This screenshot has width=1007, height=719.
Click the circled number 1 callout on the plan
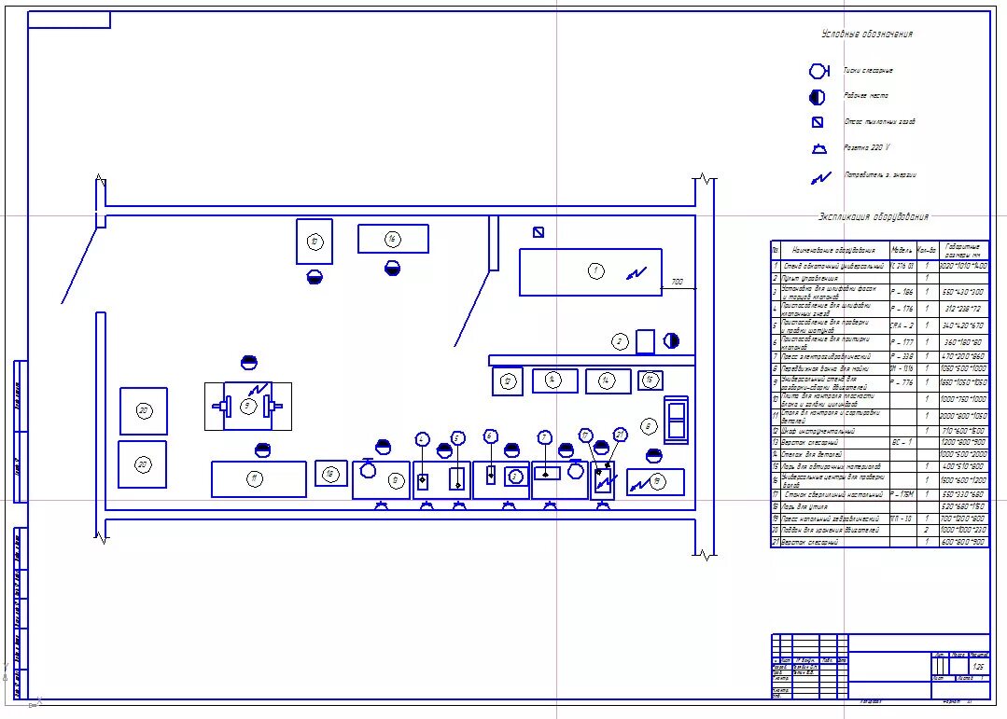pos(595,270)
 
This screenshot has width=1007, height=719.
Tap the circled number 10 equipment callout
pos(315,242)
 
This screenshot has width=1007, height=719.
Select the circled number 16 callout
pos(393,239)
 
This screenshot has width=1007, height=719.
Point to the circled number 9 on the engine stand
pos(247,406)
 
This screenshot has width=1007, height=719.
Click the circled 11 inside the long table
pos(253,478)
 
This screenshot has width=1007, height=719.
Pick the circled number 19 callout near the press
pos(659,481)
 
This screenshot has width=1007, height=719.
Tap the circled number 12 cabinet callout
pos(507,380)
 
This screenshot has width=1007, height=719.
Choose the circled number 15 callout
pos(650,380)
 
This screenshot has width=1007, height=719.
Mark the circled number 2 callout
pos(620,341)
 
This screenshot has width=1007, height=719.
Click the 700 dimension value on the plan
pos(678,282)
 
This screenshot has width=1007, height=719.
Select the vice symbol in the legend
pos(818,71)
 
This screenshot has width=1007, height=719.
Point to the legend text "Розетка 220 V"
pos(867,148)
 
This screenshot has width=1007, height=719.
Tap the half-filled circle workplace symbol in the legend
pos(818,96)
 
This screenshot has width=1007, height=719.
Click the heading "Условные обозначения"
pos(867,35)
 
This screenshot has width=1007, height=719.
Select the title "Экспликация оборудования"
pos(874,217)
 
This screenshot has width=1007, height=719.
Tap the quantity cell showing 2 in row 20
pos(926,530)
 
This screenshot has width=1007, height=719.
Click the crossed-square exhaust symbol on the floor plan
pos(538,232)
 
